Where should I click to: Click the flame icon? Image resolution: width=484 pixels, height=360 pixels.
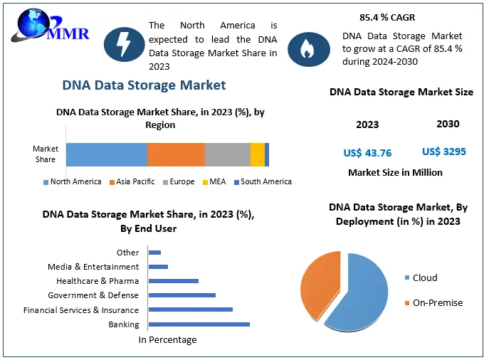[307, 48]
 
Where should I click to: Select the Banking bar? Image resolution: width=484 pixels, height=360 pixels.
[199, 324]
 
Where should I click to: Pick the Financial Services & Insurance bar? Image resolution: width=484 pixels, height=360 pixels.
[191, 309]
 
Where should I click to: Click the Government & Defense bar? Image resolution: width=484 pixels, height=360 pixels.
[181, 295]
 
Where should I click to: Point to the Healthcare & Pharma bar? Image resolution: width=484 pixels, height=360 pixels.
[173, 281]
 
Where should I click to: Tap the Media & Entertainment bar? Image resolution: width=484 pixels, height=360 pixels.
[158, 267]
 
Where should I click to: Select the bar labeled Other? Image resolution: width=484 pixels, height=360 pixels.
[154, 253]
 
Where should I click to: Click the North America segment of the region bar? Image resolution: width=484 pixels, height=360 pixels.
[107, 154]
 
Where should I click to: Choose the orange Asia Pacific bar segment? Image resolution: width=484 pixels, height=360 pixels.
[176, 154]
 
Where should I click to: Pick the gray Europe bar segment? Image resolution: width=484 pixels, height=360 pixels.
[228, 154]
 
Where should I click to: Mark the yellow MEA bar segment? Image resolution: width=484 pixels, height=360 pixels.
[257, 154]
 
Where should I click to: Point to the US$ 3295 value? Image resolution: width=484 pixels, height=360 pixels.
[444, 151]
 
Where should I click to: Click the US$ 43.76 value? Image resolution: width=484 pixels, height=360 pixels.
[367, 153]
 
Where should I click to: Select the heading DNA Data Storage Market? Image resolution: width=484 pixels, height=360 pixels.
[144, 85]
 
